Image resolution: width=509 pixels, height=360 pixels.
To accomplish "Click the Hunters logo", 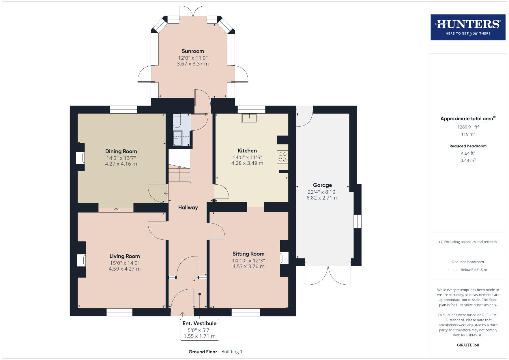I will [468, 27].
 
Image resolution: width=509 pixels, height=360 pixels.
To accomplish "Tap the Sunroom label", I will [193, 51].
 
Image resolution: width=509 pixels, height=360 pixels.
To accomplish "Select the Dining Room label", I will [121, 151].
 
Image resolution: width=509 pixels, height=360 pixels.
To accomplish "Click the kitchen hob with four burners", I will [282, 157].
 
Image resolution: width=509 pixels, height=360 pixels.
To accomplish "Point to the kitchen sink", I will [250, 118].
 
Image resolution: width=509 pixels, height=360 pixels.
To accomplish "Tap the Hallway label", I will [188, 207].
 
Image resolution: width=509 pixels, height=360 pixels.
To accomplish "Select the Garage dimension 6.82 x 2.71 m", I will [322, 198].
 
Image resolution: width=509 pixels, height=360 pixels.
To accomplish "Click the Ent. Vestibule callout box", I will [199, 330].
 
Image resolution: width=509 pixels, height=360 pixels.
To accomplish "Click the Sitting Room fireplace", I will [284, 258].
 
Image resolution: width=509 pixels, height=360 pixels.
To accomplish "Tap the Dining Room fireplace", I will [80, 158].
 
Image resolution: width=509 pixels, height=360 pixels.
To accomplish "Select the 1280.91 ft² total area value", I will [468, 127].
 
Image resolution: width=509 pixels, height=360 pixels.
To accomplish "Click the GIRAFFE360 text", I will [468, 345].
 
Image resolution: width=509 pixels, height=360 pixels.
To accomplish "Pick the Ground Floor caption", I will [203, 352].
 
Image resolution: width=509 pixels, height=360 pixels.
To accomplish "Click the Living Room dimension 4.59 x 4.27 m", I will [124, 269].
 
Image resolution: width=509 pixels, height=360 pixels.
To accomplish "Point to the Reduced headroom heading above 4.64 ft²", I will [468, 146].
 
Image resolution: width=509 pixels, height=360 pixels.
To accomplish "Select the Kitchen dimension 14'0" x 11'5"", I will [247, 157].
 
